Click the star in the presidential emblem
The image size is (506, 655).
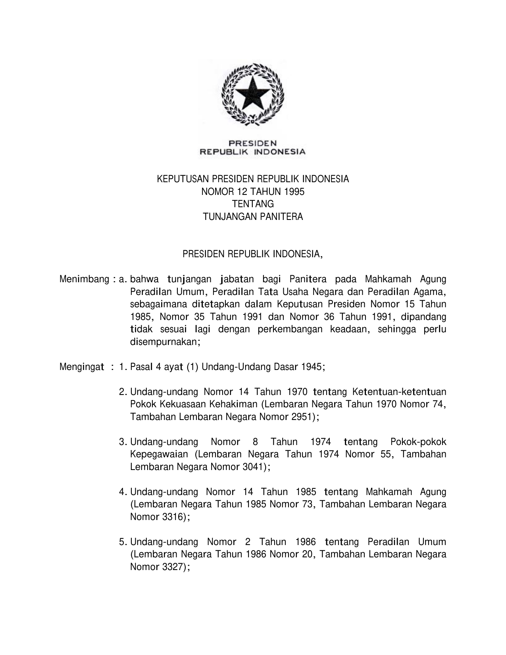[x=253, y=92]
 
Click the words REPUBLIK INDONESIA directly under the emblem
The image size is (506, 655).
[x=252, y=151]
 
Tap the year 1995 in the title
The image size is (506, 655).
[x=294, y=192]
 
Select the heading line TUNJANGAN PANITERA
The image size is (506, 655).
[x=253, y=217]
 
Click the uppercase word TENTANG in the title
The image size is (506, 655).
[x=253, y=204]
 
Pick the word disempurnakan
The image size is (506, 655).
[x=163, y=342]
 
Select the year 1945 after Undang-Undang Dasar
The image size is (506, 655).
[x=312, y=367]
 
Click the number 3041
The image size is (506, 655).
[x=253, y=467]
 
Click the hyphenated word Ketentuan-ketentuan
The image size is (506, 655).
[x=399, y=392]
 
